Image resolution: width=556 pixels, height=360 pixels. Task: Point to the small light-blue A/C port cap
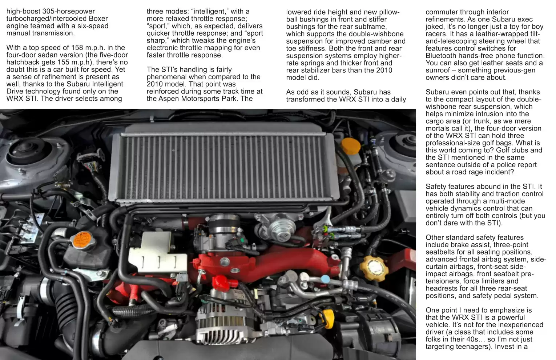(x=325, y=279)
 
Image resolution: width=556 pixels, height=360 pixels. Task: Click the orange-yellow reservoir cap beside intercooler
(x=350, y=146)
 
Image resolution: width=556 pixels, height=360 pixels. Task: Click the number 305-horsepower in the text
(x=69, y=11)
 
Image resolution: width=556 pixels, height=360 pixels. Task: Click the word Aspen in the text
(x=169, y=99)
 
